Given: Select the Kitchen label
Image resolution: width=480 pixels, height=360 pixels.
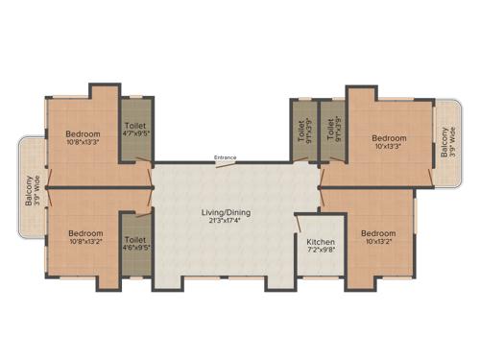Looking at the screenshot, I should (320, 242).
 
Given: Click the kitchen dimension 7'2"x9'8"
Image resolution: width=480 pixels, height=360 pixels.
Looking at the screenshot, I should (320, 252).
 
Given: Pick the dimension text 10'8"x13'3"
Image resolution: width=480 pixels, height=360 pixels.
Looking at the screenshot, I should (83, 143).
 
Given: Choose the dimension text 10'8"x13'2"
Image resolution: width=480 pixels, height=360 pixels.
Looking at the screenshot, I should (85, 242).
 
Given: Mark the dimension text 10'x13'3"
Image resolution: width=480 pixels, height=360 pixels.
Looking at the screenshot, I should (389, 147).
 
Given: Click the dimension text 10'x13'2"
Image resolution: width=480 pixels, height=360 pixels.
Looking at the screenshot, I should (378, 242).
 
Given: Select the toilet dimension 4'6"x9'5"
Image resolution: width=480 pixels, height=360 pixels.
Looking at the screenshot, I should (134, 248).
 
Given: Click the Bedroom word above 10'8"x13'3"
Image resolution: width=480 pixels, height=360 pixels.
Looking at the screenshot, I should (83, 133).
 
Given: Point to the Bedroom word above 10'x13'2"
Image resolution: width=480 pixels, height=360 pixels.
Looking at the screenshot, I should (378, 232).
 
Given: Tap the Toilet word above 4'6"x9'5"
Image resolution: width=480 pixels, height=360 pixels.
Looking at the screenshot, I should (134, 239).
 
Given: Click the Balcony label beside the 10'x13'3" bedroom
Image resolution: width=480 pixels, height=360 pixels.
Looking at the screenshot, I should (444, 144).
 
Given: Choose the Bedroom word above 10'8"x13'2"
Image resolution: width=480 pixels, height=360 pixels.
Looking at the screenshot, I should (85, 232).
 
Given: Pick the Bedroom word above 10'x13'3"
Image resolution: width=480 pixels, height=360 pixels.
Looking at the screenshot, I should (389, 137).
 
